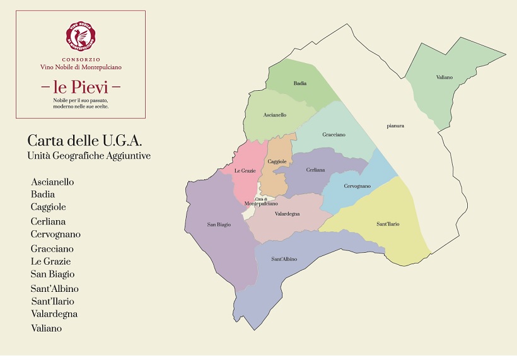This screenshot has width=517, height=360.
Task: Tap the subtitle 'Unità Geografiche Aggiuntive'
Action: (89, 155)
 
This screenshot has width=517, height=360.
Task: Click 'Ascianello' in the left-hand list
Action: (52, 182)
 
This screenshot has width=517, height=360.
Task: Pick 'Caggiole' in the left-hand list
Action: (49, 207)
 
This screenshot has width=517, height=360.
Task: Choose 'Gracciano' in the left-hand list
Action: (52, 249)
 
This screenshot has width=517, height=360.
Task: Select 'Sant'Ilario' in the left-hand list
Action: (52, 301)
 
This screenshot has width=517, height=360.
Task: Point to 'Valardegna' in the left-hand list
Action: (54, 314)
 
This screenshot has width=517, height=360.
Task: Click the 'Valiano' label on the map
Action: (444, 77)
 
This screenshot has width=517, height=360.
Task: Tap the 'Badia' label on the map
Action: (300, 83)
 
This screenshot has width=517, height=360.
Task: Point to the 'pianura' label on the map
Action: (395, 126)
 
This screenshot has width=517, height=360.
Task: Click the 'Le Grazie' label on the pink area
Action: (244, 171)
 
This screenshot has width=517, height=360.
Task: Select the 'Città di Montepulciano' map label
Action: (261, 202)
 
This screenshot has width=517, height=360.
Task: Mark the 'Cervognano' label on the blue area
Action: (357, 186)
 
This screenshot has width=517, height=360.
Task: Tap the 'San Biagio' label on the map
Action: (219, 224)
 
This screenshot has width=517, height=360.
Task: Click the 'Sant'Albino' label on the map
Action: (284, 259)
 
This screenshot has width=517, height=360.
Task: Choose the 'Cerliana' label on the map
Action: (315, 170)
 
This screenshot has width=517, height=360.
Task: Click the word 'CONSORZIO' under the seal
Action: (80, 59)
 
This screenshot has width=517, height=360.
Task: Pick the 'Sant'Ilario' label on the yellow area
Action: (388, 224)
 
